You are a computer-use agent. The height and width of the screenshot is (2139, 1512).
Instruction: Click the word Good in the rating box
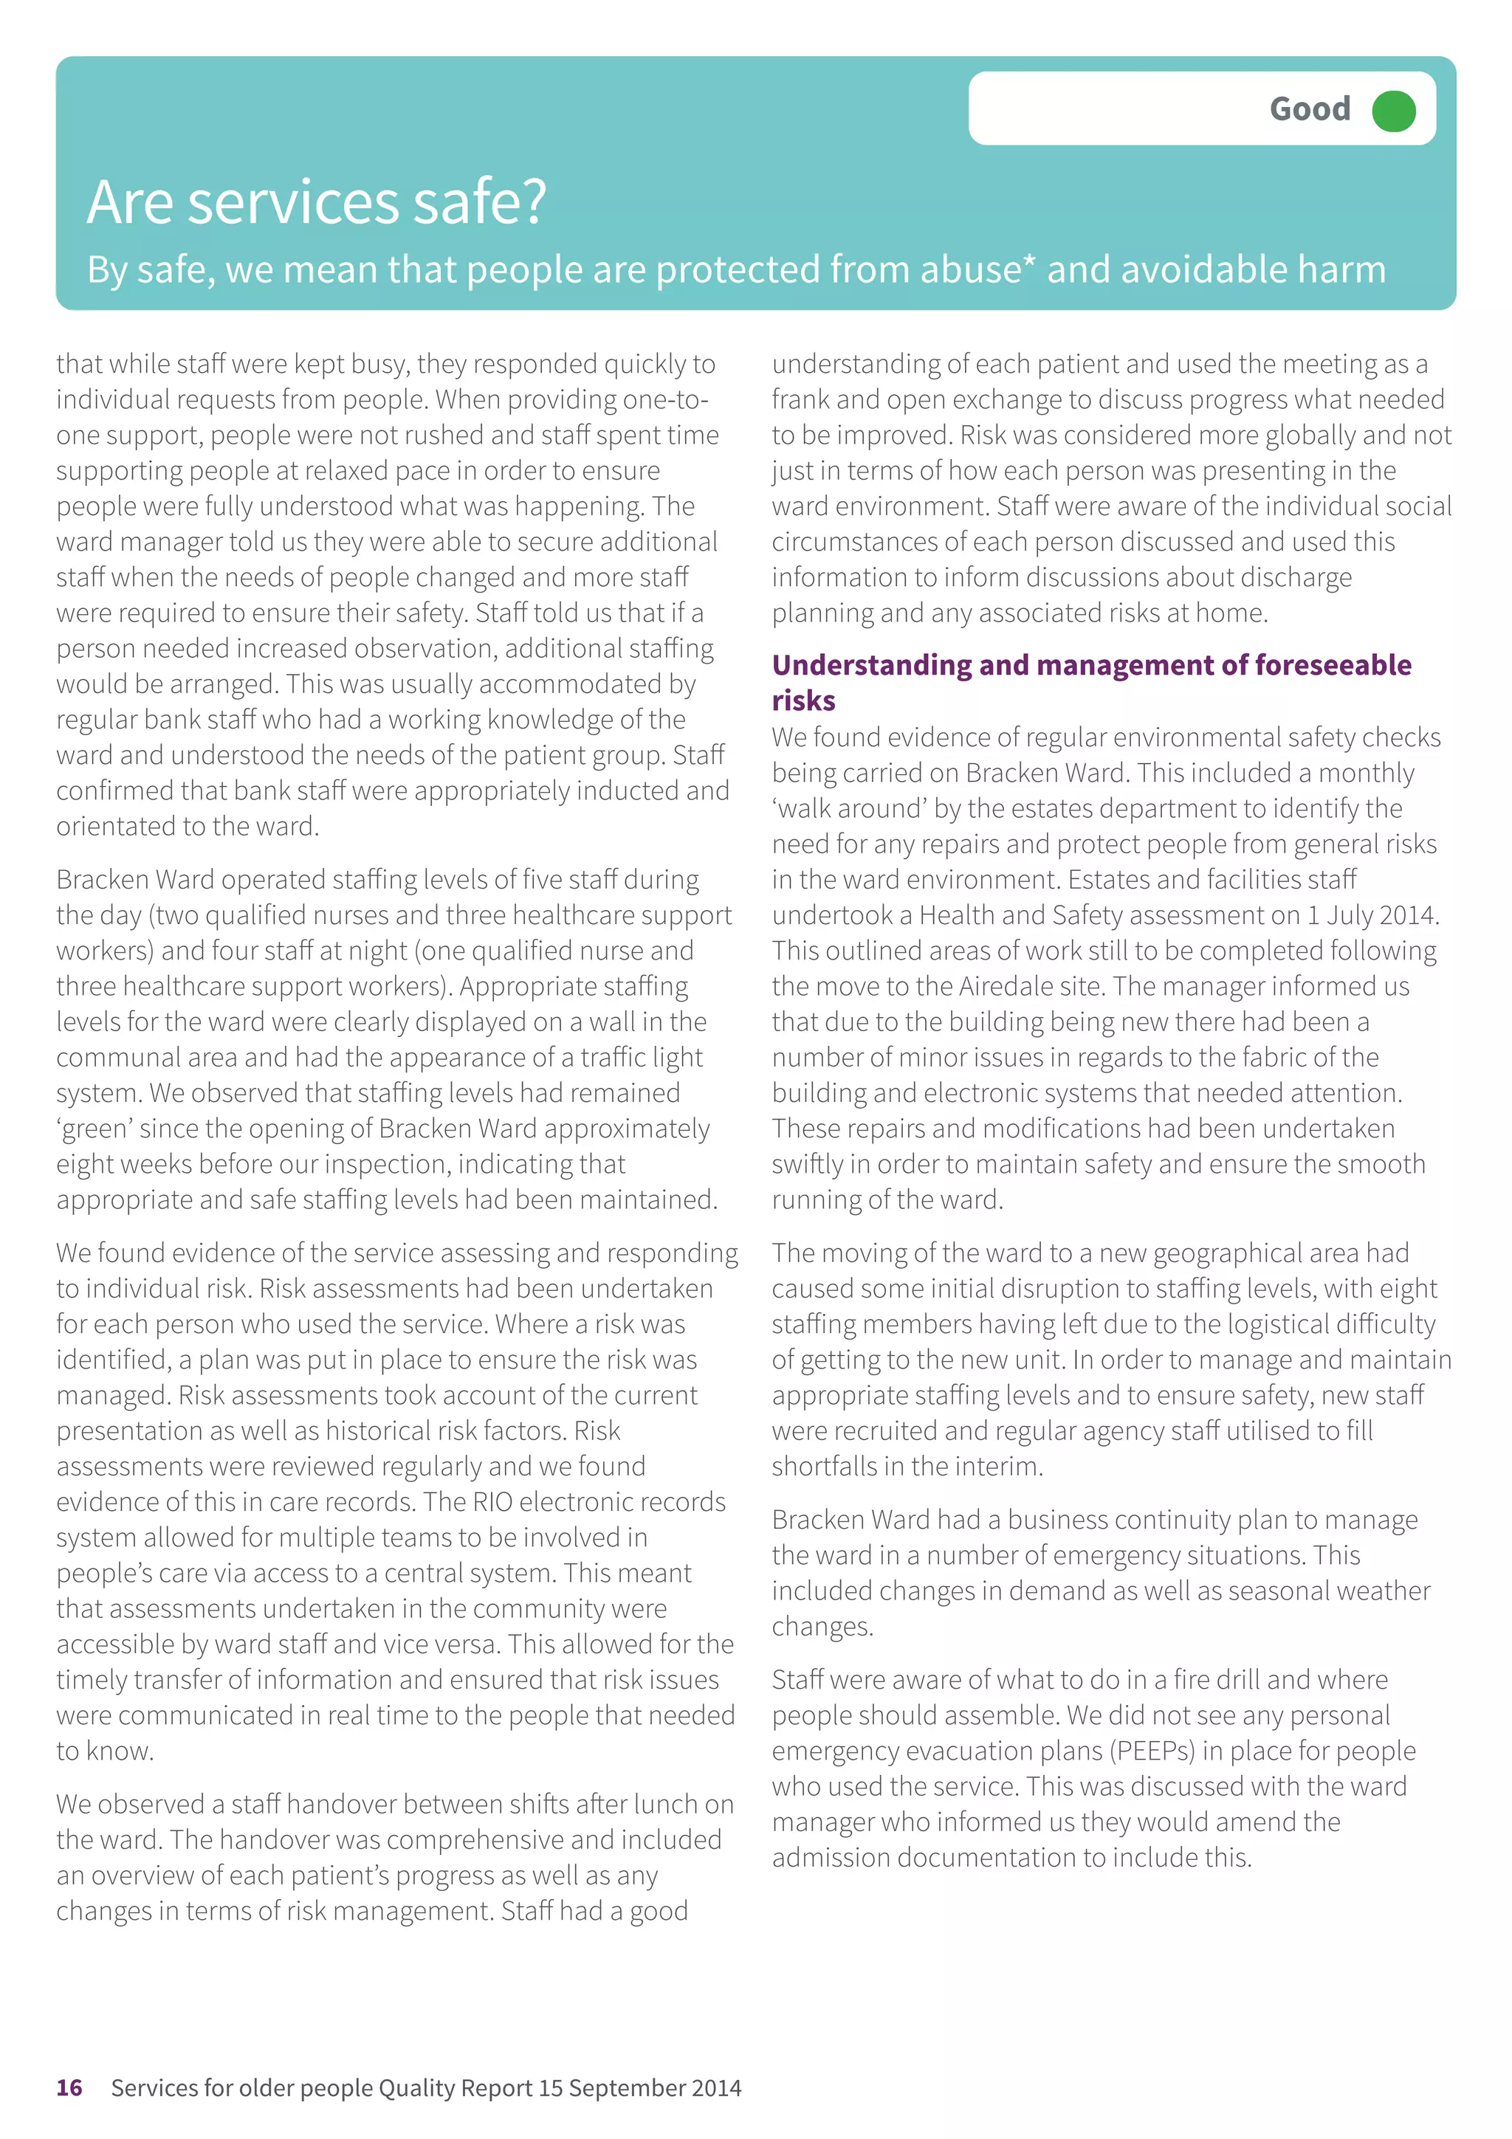tap(1309, 110)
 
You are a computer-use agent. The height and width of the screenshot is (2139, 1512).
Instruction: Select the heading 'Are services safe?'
tap(317, 202)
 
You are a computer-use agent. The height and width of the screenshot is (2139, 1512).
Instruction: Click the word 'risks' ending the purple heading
tap(803, 700)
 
